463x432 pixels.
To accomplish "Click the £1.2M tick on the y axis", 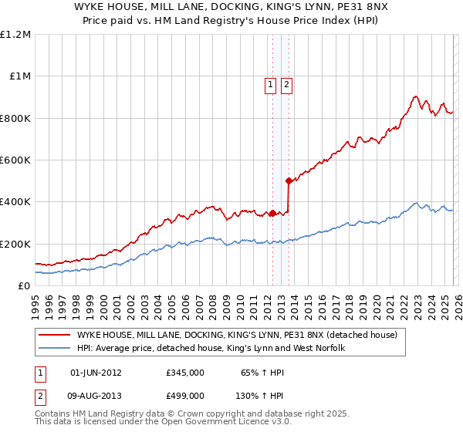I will [15, 34].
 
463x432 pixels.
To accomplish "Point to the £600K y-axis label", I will [15, 160].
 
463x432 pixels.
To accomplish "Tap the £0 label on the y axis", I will [23, 285].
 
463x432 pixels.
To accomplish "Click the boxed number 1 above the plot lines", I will [272, 85].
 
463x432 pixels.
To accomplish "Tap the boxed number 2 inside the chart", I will [286, 85].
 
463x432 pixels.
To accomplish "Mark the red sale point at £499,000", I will [289, 181].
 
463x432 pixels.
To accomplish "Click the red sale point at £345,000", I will [272, 214].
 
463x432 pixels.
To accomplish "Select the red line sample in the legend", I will [54, 335].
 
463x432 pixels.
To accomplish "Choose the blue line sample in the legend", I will [54, 349].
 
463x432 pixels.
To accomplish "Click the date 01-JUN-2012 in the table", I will [96, 373].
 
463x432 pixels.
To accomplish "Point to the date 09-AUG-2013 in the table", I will [96, 395].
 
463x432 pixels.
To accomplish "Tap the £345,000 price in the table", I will [185, 373].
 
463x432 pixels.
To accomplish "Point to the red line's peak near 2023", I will [415, 96].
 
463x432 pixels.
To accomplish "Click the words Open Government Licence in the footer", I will [209, 424].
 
